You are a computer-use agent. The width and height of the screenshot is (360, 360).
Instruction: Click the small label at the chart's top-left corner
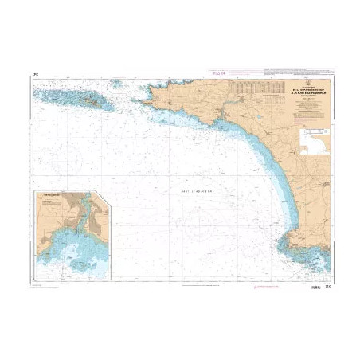click(34, 76)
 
